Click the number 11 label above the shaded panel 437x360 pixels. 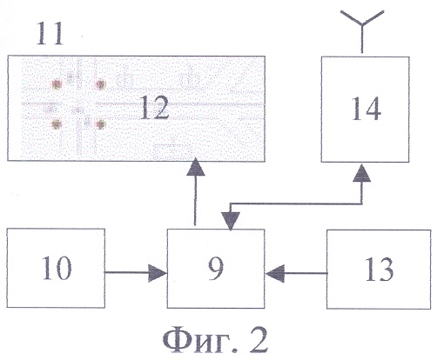click(x=50, y=34)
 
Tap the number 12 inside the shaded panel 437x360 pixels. click(x=154, y=108)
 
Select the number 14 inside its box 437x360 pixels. click(x=366, y=109)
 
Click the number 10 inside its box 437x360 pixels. click(x=57, y=268)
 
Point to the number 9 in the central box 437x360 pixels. click(x=216, y=269)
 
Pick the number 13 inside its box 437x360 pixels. click(x=379, y=270)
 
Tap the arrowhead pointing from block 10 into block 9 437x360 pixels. click(x=157, y=273)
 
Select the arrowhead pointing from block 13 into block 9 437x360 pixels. click(x=275, y=273)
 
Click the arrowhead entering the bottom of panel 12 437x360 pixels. click(x=196, y=167)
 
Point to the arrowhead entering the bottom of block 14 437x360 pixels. click(x=361, y=173)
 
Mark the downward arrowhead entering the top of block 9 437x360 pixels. click(x=231, y=221)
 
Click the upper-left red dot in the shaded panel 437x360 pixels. click(x=57, y=84)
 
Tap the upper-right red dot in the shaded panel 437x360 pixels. click(x=100, y=85)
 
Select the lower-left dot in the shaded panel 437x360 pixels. click(x=56, y=124)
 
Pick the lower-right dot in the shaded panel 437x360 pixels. click(x=100, y=124)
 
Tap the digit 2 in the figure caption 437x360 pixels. click(x=258, y=339)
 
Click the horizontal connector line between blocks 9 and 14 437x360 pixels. click(x=296, y=203)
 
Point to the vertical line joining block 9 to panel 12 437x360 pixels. click(x=195, y=200)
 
